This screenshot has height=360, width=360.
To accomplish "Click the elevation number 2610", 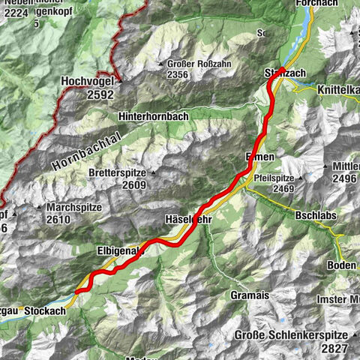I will click(57, 220).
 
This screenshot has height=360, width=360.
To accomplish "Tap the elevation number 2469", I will click(288, 190).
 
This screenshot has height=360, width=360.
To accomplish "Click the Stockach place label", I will click(50, 310).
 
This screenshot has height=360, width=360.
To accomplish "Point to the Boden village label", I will click(341, 266).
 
